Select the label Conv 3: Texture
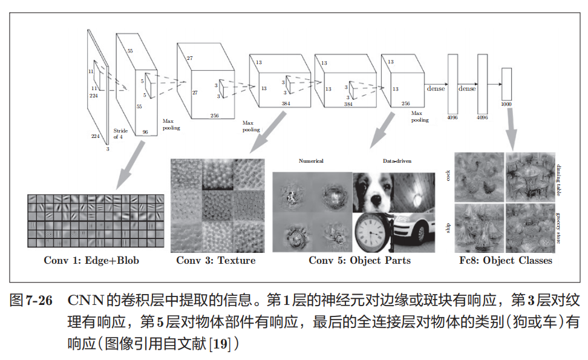(x=216, y=261)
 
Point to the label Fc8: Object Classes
(x=506, y=261)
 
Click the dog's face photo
(x=372, y=191)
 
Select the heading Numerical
(x=311, y=161)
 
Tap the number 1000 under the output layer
(x=507, y=104)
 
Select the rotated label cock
(x=448, y=175)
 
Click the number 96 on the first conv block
(x=145, y=132)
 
